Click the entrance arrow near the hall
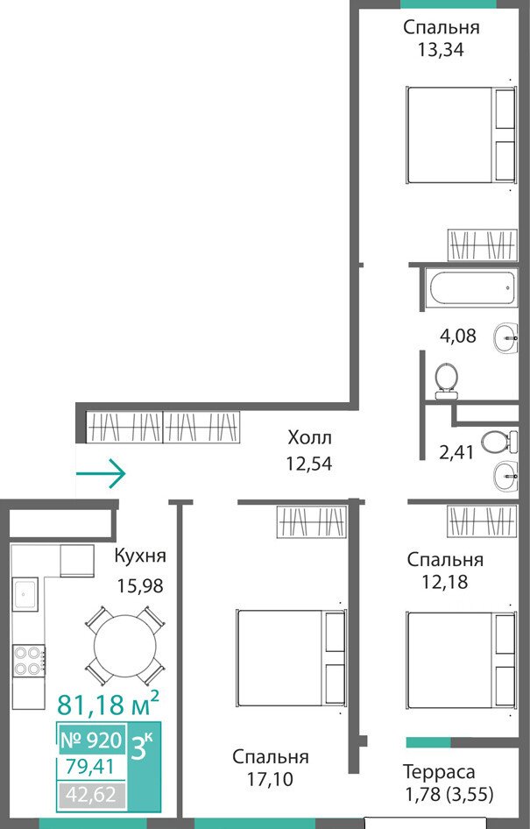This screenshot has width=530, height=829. coord(101,473)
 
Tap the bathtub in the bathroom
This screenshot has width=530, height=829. coord(473,287)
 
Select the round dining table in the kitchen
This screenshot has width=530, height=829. coord(125,646)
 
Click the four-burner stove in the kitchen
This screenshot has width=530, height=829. coord(29,661)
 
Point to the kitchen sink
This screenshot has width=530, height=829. coord(25,592)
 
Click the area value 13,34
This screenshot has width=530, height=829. coord(441,50)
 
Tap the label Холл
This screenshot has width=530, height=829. coord(309,438)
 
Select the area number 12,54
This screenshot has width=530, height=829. coord(309,464)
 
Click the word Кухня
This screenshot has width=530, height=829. coord(140,556)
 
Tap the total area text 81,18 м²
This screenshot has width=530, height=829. coord(108,703)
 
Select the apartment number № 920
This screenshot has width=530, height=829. coord(91,740)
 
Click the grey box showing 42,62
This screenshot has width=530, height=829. coord(91,794)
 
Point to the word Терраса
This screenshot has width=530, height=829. coord(439,772)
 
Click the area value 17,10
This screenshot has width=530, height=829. coord(270,779)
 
